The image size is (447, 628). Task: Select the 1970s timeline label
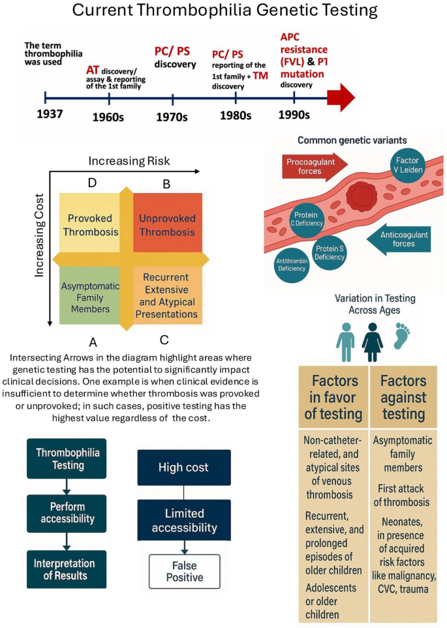172,116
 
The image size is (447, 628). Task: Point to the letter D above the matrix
92,183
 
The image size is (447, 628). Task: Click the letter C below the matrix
164,340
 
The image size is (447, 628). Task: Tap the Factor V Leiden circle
408,165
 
